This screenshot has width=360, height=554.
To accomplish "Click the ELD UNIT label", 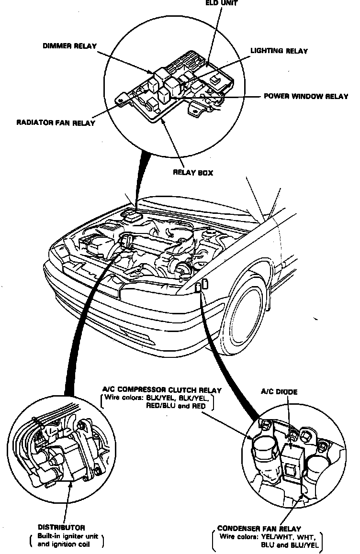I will point(221,2).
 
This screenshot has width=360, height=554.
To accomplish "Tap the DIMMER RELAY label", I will point(69,46).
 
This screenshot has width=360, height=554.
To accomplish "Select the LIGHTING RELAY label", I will point(279,51).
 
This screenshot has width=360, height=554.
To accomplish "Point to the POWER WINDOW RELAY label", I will point(306,96).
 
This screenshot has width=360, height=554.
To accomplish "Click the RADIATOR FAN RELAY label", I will point(56,122).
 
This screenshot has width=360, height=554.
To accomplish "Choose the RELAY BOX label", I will point(193,173).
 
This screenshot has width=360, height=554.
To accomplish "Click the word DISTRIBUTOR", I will point(62,528).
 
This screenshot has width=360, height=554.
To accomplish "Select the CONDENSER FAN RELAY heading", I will point(259,529).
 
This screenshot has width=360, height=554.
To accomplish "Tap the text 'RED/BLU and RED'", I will point(176,406).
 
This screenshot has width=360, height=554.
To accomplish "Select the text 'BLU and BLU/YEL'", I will point(289,544).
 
